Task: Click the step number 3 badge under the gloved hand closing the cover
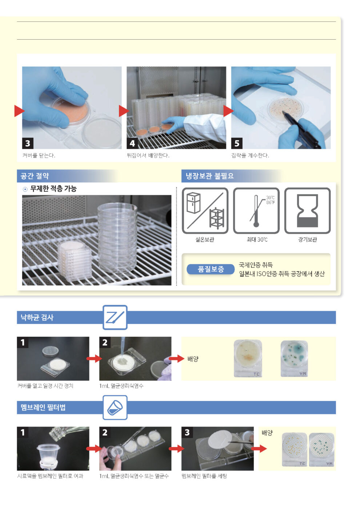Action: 28,143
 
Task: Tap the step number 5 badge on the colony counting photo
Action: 237,143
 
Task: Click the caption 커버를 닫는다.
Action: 39,155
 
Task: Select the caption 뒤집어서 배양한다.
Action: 148,155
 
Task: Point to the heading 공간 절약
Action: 35,176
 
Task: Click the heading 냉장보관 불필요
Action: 210,176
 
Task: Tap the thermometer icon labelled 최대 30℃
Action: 256,211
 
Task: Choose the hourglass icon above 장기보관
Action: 307,211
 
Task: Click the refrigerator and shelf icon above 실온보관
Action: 205,211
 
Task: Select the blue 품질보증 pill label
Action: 211,269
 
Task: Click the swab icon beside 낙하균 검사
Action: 115,317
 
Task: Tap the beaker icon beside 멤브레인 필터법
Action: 115,408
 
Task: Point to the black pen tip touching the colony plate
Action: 283,112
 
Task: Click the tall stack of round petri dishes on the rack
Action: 117,238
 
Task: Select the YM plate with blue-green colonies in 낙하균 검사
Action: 294,358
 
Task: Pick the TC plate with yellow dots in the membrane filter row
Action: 295,449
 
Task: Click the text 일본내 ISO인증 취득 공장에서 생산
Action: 282,274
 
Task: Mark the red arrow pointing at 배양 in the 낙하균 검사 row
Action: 176,358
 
